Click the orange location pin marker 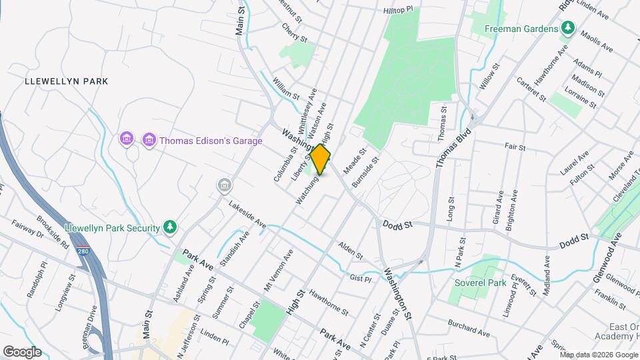pos(321,159)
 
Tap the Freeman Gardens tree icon pos(567,29)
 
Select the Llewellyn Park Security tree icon pos(171,227)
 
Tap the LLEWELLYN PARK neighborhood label pos(66,81)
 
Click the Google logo pos(22,352)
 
